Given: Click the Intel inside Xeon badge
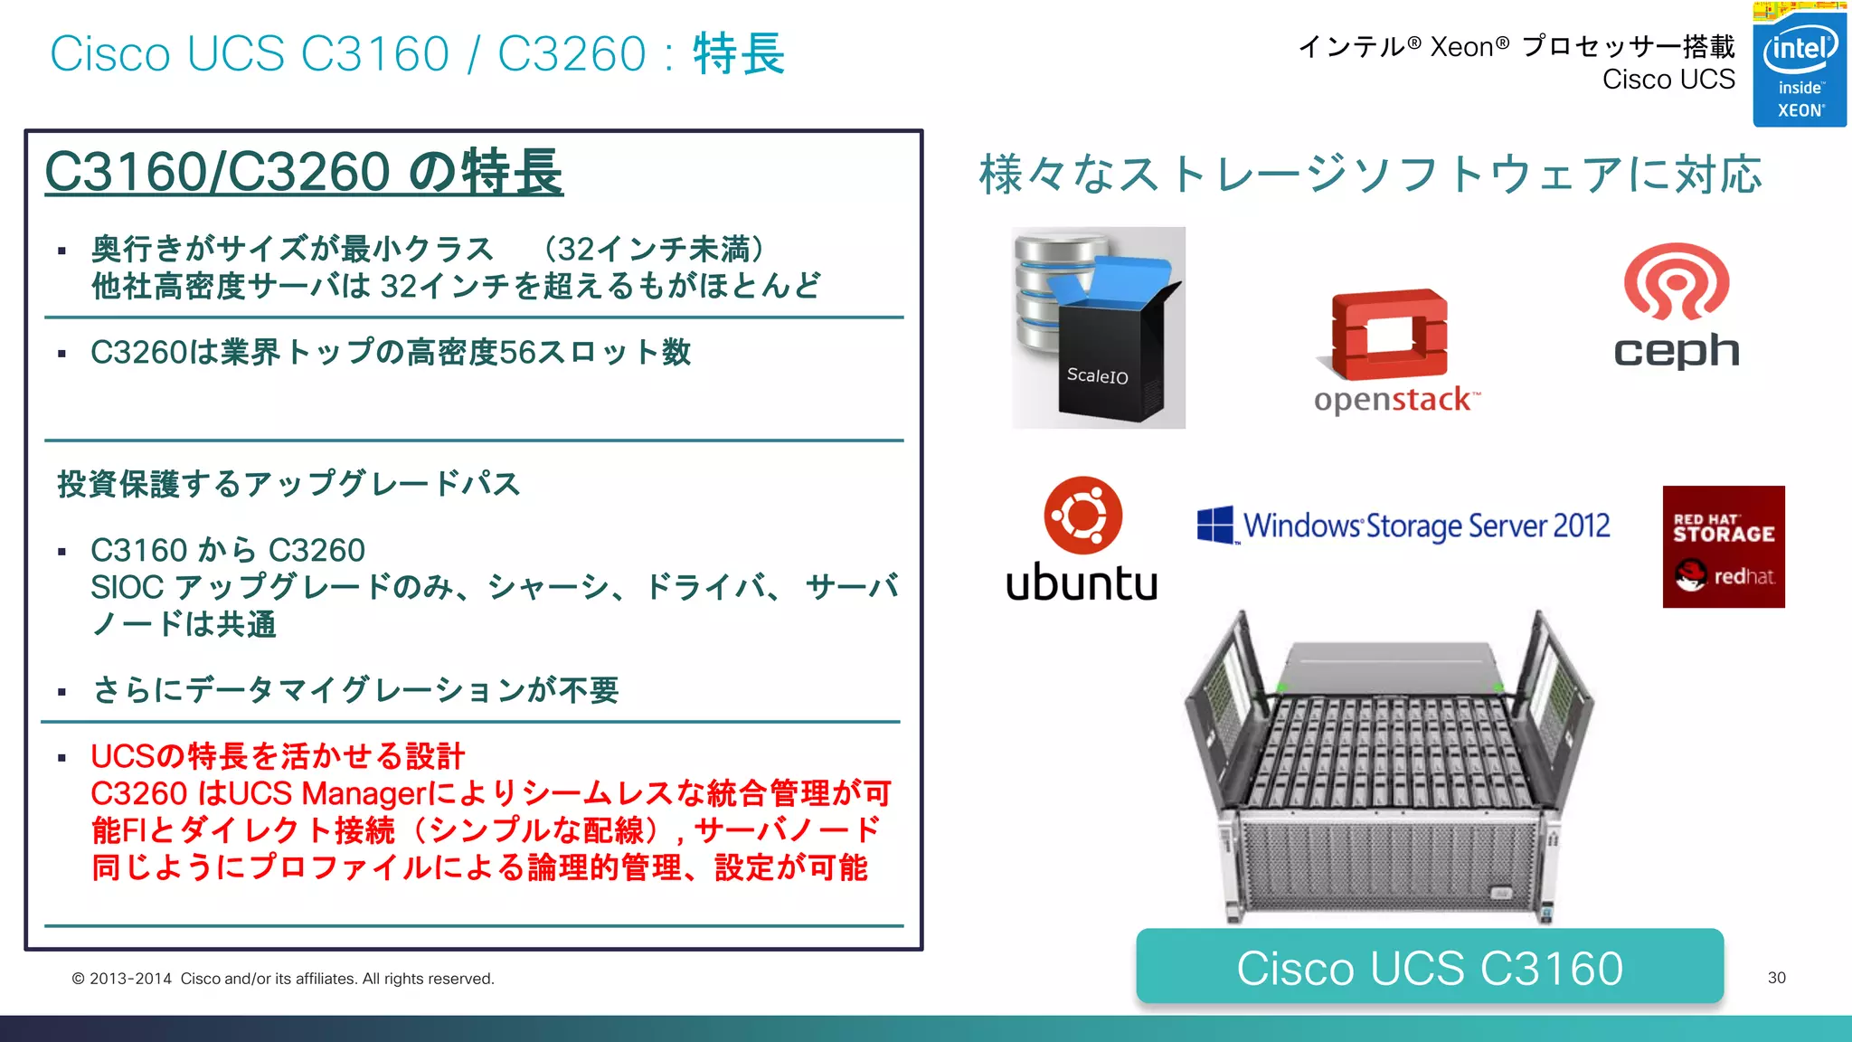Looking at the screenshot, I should click(1799, 65).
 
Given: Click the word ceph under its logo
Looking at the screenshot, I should click(1676, 351).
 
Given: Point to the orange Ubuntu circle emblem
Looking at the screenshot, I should click(1082, 515).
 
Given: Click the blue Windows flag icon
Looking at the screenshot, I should click(1215, 525).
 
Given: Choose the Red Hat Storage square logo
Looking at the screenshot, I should click(1723, 546).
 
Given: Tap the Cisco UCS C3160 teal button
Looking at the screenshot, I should click(1429, 967).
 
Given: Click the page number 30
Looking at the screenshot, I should click(1776, 978).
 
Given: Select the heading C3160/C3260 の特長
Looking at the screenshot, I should click(304, 172).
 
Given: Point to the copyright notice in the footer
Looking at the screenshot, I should click(283, 979).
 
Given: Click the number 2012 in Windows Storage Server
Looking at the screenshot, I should click(1583, 526).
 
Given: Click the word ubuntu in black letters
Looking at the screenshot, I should click(1082, 583).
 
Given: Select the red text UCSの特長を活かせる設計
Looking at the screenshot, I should click(278, 756).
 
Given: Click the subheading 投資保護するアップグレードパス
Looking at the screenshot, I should click(288, 484).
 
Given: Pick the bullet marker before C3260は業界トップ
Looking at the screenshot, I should click(61, 354).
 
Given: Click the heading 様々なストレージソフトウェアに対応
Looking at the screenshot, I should click(1370, 174).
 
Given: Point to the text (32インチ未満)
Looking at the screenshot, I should click(654, 249).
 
